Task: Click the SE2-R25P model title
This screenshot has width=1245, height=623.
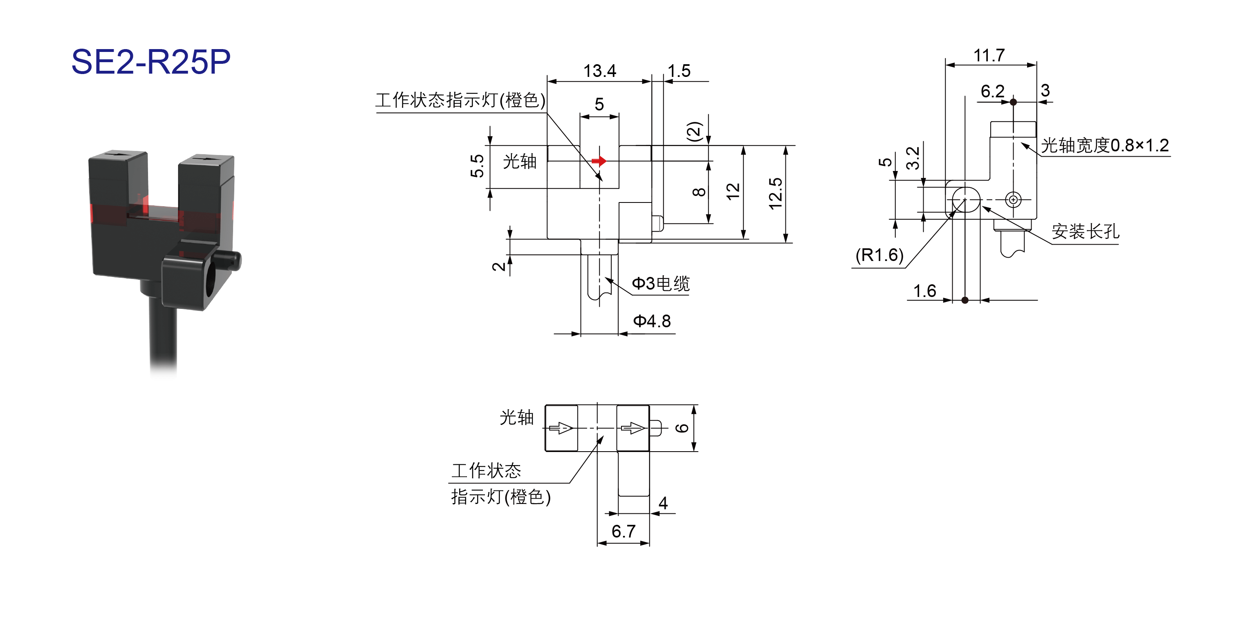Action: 151,62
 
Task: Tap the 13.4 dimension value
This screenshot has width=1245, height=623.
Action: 599,71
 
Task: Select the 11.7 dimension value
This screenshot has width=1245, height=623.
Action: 989,56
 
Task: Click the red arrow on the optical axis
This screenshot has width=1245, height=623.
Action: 599,161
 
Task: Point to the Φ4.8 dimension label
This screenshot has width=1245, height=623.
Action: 652,321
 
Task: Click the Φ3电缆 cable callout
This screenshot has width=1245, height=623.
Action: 661,283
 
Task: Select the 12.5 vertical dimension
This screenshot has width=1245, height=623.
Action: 775,193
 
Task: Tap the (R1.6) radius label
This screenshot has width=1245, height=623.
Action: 879,255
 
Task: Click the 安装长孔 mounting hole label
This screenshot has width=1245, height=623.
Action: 1086,231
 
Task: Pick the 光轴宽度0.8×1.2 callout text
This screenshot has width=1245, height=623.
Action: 1105,145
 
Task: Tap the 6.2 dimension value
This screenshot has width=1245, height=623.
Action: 993,91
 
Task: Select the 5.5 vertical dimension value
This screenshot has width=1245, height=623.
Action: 477,166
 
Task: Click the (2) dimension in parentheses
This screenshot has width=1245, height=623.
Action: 695,132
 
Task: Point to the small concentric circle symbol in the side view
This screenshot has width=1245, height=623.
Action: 1013,199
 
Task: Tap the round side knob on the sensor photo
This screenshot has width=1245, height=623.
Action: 231,261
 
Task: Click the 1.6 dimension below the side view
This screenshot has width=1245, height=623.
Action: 924,291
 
